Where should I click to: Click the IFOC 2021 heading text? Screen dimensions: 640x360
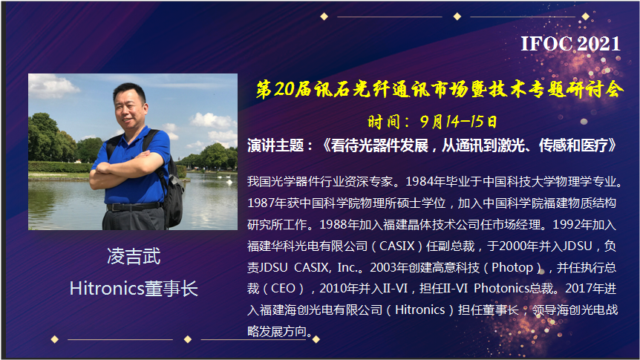(570, 44)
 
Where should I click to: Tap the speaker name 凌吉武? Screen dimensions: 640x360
(134, 256)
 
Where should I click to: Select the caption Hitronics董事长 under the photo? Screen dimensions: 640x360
(134, 289)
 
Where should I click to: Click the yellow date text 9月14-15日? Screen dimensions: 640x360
(458, 121)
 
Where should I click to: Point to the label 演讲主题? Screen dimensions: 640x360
(275, 145)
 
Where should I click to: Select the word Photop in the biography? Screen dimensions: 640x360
(512, 268)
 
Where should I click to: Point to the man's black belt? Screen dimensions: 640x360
(133, 206)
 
